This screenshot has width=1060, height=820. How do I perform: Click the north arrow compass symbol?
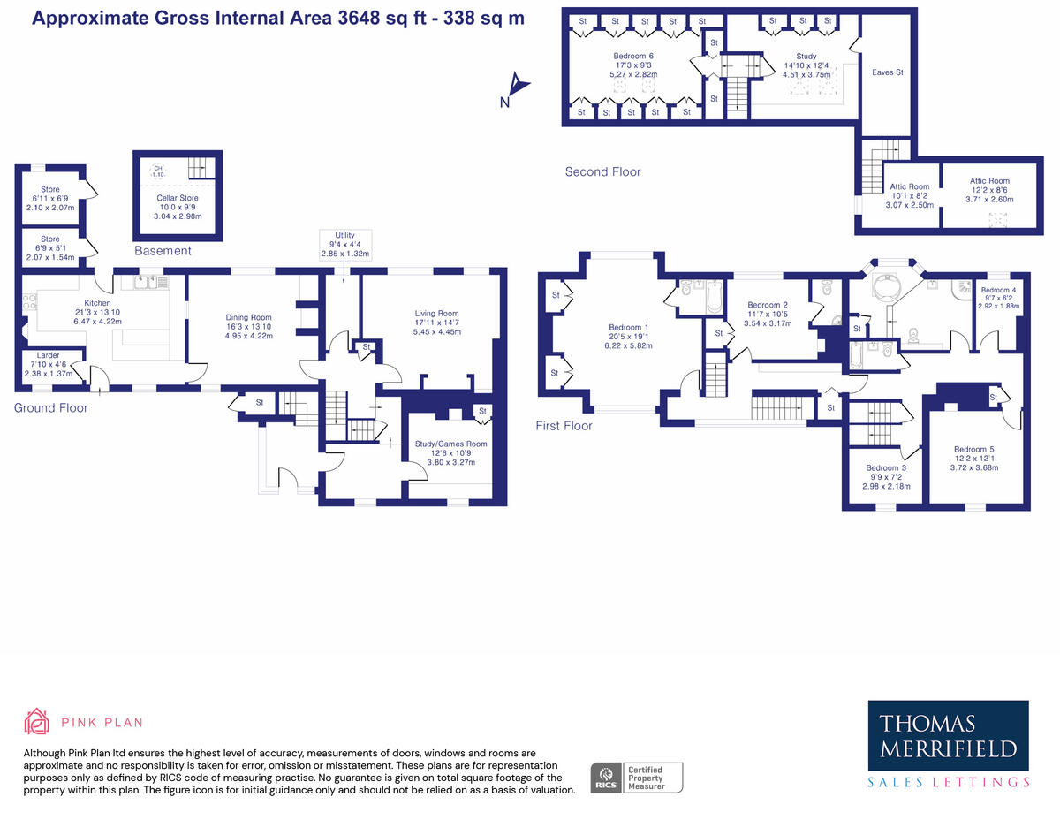[516, 88]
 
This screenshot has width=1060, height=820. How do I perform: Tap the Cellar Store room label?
[178, 207]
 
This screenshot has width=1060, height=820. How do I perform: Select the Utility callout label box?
[345, 245]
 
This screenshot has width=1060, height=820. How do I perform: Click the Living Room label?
[436, 323]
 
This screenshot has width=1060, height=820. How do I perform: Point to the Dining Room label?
[249, 326]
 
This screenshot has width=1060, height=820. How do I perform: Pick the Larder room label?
[49, 364]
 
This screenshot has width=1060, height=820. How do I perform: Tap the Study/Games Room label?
[450, 453]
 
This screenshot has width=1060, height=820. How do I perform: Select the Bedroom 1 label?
[628, 336]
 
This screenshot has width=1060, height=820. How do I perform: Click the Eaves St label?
[888, 72]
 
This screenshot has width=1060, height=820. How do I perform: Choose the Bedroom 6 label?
[633, 65]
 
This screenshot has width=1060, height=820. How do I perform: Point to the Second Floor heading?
[602, 171]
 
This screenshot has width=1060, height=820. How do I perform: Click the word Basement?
[163, 251]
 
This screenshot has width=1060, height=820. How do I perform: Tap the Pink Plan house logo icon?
[36, 721]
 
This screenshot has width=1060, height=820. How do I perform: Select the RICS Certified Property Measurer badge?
[637, 778]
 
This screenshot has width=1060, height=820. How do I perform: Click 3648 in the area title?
[359, 18]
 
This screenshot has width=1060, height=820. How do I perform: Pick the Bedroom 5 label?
[974, 459]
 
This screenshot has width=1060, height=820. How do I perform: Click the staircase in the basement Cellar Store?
[201, 168]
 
